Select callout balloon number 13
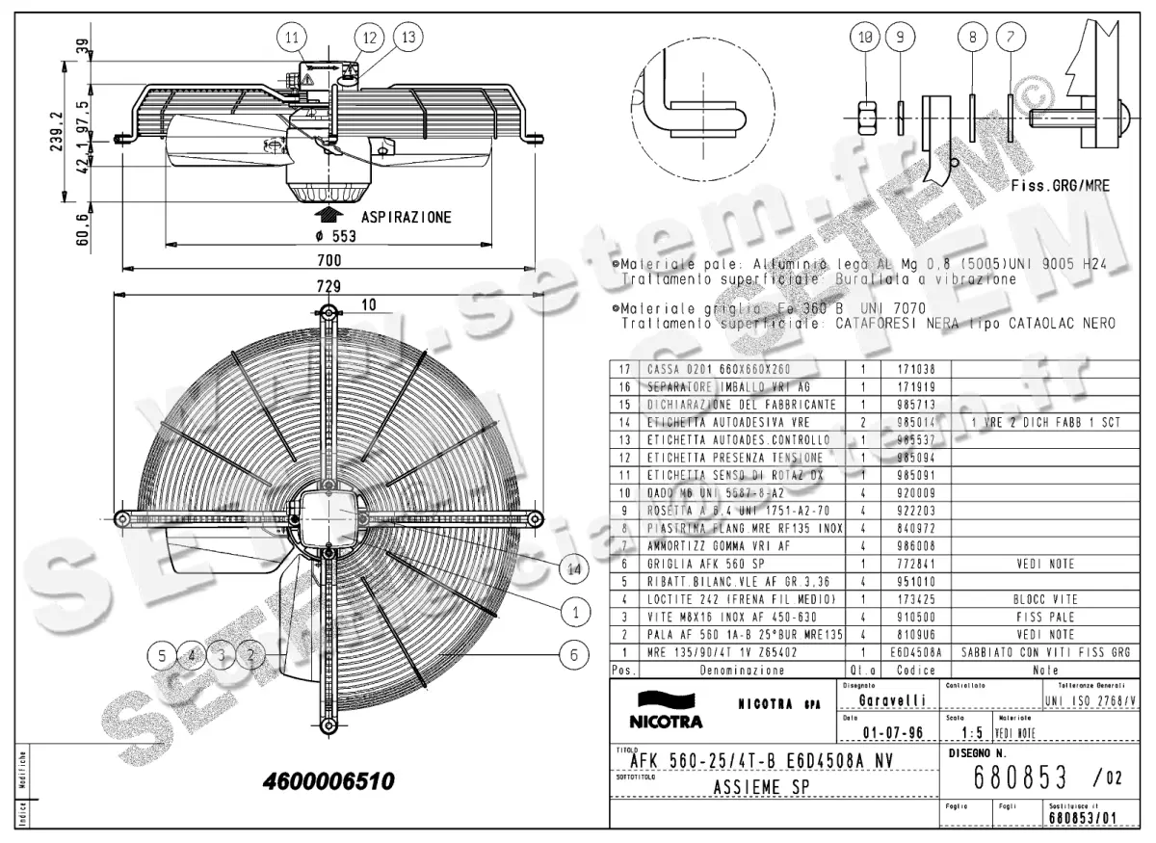(408, 38)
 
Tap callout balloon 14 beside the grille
(575, 570)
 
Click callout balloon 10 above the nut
(864, 38)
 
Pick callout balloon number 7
(1010, 38)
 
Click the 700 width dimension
(328, 261)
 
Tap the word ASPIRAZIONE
(406, 218)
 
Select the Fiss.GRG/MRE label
(1061, 186)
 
